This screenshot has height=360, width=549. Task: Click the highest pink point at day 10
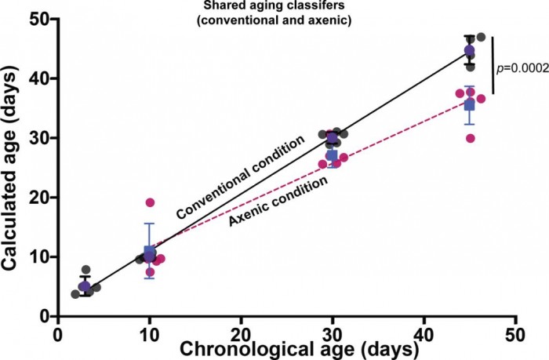pyautogui.click(x=150, y=202)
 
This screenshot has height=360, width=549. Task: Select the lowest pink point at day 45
pyautogui.click(x=471, y=138)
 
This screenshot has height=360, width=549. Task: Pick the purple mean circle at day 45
pyautogui.click(x=469, y=51)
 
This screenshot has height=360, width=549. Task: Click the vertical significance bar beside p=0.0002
pyautogui.click(x=493, y=68)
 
